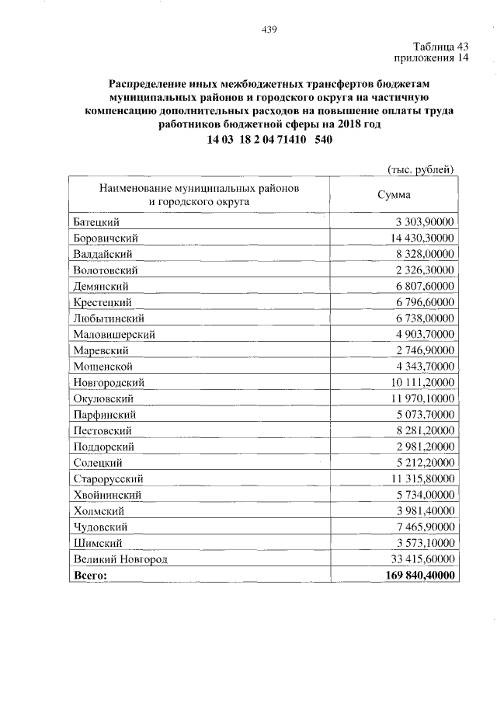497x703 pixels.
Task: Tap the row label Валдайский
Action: pyautogui.click(x=103, y=253)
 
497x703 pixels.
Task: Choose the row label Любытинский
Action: pyautogui.click(x=109, y=318)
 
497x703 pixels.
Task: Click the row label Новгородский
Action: pyautogui.click(x=109, y=382)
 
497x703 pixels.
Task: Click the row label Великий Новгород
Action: pyautogui.click(x=120, y=559)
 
